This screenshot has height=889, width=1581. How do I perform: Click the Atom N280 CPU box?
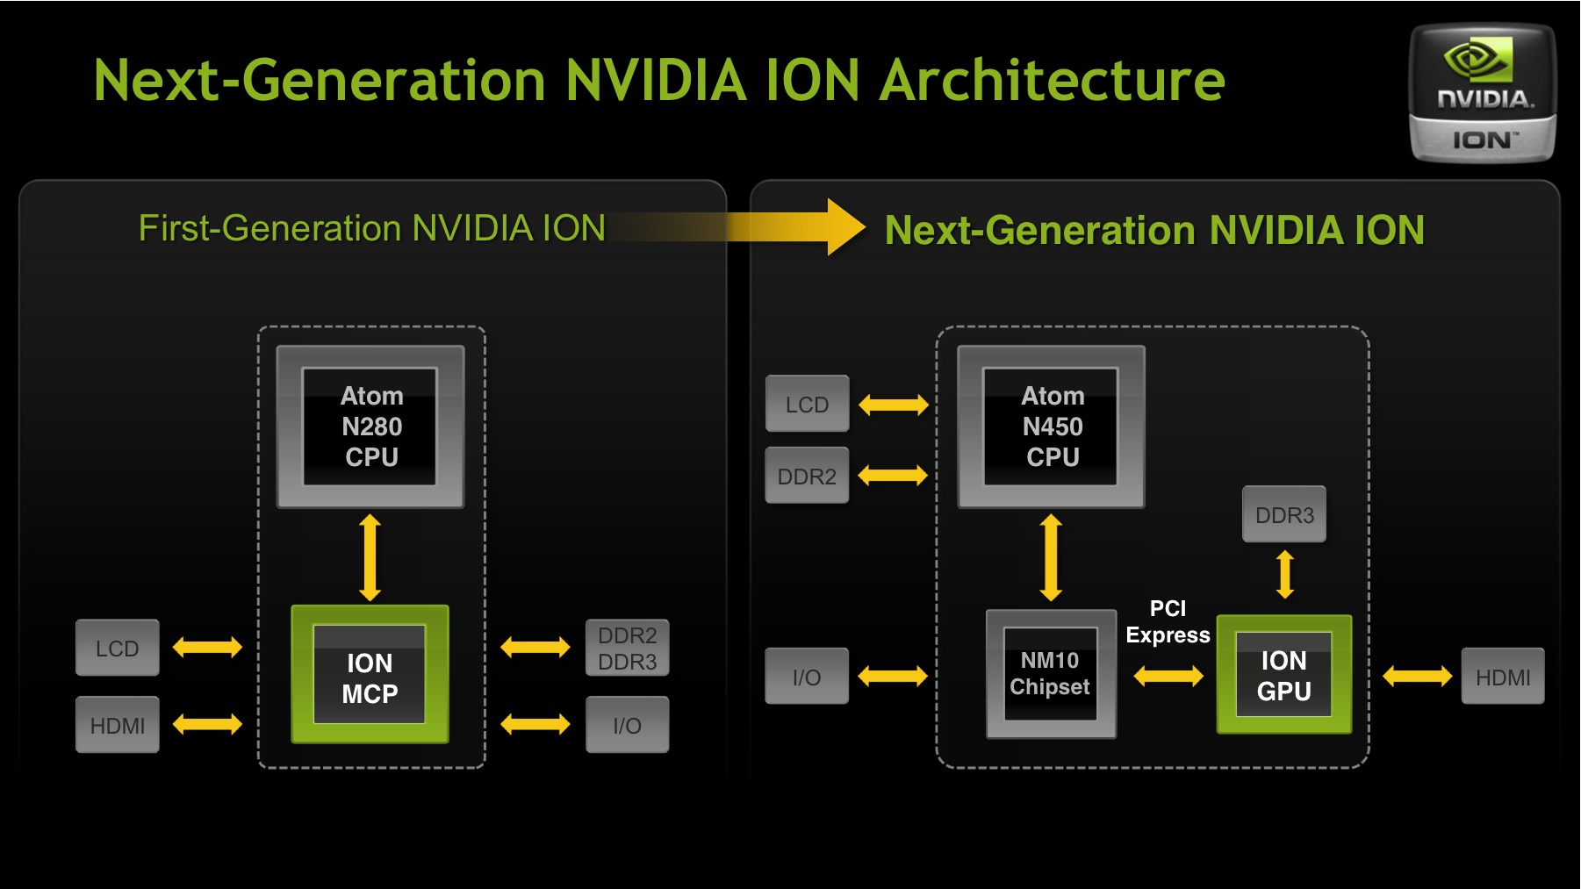click(370, 427)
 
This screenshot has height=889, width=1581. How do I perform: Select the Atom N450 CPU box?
click(1052, 427)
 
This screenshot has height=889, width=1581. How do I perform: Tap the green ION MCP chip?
click(370, 674)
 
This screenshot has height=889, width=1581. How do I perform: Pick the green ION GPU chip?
click(1284, 674)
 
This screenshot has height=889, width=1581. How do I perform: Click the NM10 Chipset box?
click(1051, 674)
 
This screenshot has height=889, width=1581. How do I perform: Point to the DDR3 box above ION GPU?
click(1284, 514)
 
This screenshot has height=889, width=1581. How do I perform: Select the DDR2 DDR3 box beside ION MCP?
click(627, 648)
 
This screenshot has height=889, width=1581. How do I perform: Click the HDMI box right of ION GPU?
click(1503, 676)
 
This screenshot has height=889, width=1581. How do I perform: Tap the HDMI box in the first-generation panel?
click(118, 725)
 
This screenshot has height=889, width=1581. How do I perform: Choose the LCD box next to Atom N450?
click(808, 404)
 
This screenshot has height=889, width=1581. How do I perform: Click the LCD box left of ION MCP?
click(118, 648)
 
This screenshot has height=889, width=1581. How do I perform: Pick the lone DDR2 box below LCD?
click(808, 476)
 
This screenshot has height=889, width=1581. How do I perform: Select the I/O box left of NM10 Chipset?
click(808, 676)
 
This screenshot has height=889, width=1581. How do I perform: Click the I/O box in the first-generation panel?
click(627, 725)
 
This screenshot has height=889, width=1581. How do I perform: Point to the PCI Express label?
click(1168, 621)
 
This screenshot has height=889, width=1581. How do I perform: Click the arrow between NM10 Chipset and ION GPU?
click(1168, 676)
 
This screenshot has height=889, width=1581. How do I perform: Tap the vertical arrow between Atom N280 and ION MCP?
click(370, 557)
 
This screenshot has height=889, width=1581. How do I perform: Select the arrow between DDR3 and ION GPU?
click(1285, 575)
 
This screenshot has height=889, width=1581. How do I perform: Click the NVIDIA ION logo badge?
click(1482, 93)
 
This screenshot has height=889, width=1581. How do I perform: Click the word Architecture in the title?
click(1052, 80)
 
